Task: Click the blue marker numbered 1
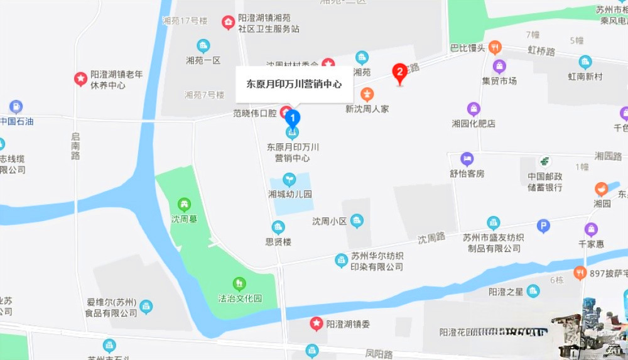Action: click(293, 117)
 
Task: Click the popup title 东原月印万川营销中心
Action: click(294, 84)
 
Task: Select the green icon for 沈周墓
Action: click(184, 204)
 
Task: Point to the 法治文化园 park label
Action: click(239, 298)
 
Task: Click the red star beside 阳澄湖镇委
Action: click(317, 324)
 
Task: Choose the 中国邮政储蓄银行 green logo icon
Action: click(544, 161)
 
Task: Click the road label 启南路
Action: click(75, 146)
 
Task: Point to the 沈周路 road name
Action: click(431, 237)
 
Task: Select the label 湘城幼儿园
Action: click(290, 194)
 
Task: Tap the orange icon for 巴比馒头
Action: click(495, 46)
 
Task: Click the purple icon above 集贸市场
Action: click(499, 66)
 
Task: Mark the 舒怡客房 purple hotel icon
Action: click(467, 159)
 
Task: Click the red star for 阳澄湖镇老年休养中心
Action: click(80, 79)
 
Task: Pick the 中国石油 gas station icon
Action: click(16, 107)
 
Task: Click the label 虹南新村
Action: click(585, 77)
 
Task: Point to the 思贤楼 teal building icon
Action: click(278, 227)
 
